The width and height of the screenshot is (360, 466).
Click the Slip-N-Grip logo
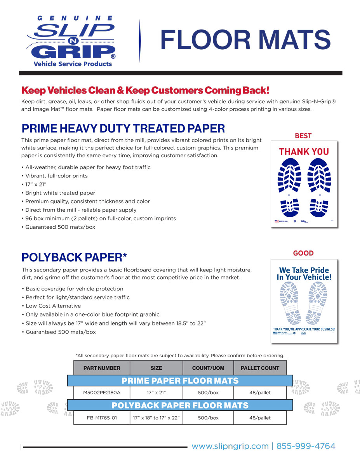tap(71, 41)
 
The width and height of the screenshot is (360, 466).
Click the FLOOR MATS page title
tap(245, 40)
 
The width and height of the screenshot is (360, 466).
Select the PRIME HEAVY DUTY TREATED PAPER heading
tap(123, 129)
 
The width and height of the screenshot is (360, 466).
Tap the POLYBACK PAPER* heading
tap(74, 257)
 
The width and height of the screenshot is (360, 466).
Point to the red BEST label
tap(303, 136)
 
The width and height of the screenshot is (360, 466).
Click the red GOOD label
tap(303, 253)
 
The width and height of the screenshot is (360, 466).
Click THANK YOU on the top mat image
tap(304, 151)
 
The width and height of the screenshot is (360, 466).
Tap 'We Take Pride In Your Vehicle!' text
tap(304, 274)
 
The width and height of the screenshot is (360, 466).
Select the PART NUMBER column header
tap(102, 368)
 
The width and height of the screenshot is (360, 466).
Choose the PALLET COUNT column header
tap(260, 368)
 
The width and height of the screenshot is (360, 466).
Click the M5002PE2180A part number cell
tap(102, 393)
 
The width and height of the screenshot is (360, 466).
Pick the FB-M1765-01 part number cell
tap(102, 418)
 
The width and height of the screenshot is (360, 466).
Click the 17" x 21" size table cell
tap(156, 393)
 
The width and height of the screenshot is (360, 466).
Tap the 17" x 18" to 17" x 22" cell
tap(156, 418)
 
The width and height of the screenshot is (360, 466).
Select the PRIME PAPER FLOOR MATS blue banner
tap(180, 381)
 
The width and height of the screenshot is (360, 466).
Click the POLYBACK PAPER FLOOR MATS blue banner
tap(180, 405)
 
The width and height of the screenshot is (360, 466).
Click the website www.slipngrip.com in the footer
tap(230, 446)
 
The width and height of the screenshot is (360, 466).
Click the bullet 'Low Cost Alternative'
tap(53, 306)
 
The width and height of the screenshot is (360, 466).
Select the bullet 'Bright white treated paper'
tap(60, 193)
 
